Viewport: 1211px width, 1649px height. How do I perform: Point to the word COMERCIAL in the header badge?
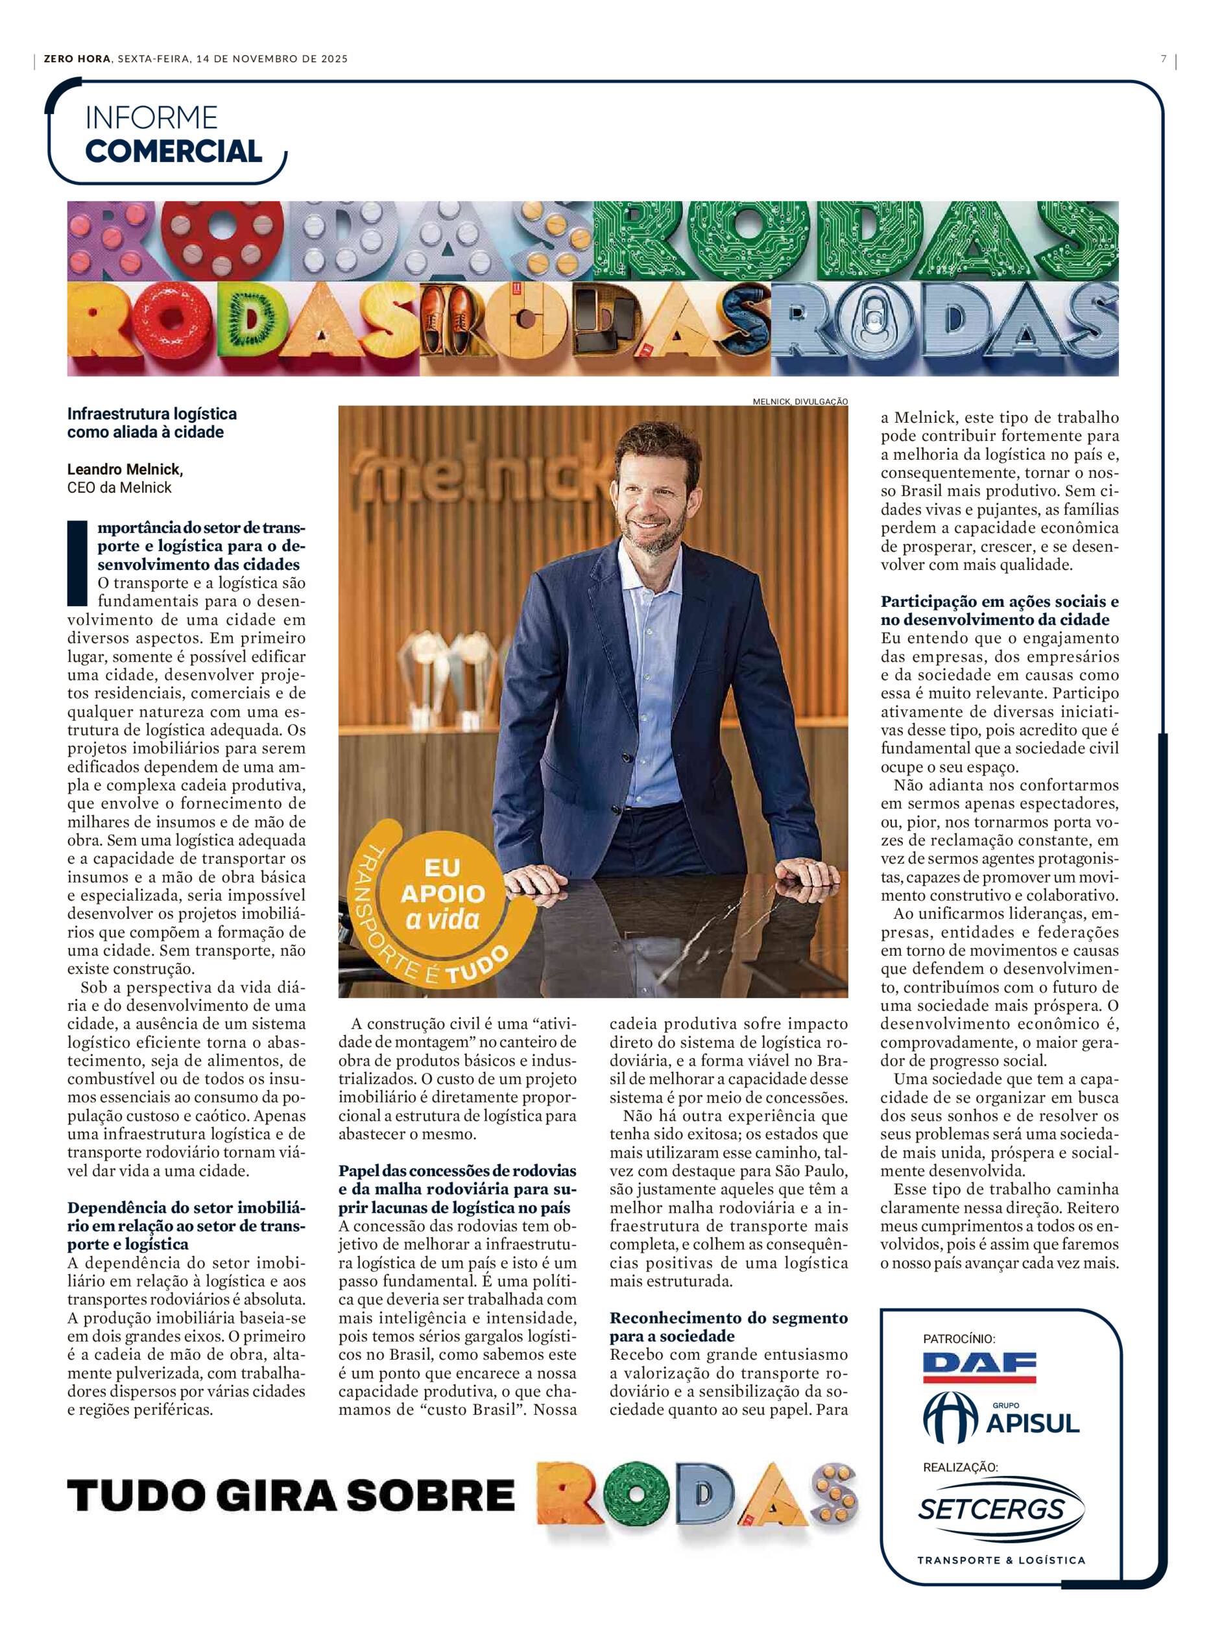pos(174,151)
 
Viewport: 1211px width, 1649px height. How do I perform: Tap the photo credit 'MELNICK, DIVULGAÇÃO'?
pos(800,401)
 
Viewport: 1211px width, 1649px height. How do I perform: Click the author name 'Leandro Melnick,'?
pos(125,469)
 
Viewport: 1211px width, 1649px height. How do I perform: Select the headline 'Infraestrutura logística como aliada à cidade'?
pos(152,423)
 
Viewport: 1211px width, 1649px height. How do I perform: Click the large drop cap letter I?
pos(77,563)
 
